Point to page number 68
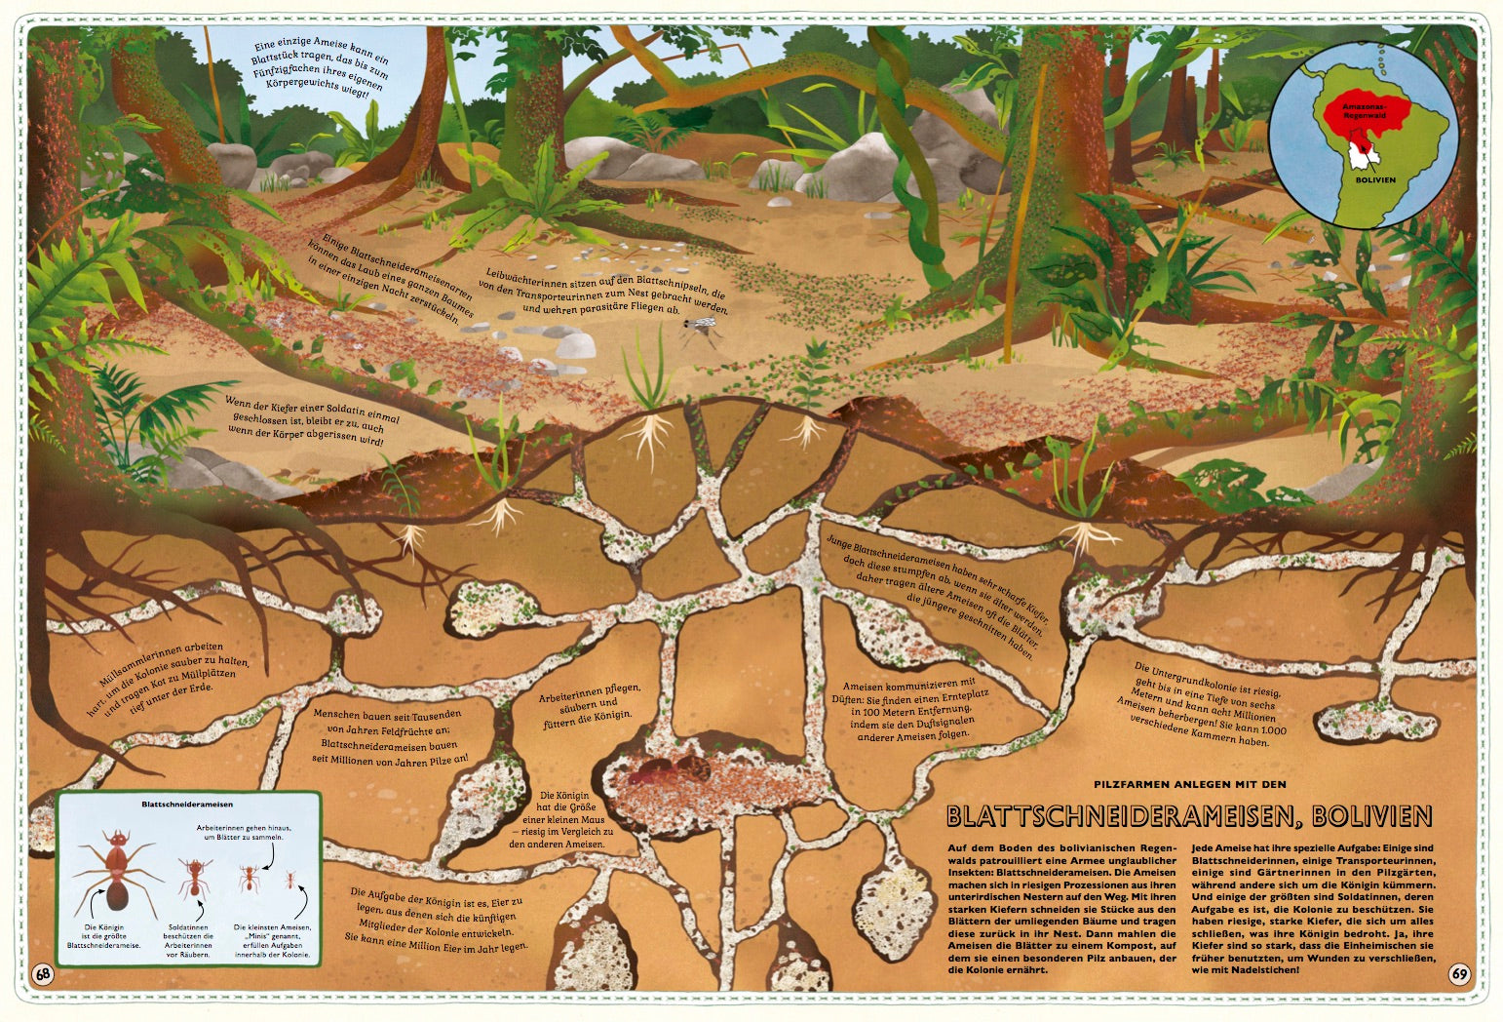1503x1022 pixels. [43, 973]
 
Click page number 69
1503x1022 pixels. [1459, 973]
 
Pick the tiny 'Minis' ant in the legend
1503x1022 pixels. [289, 881]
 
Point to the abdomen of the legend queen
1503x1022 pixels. [117, 892]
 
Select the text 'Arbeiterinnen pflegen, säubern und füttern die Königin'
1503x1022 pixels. [590, 702]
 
